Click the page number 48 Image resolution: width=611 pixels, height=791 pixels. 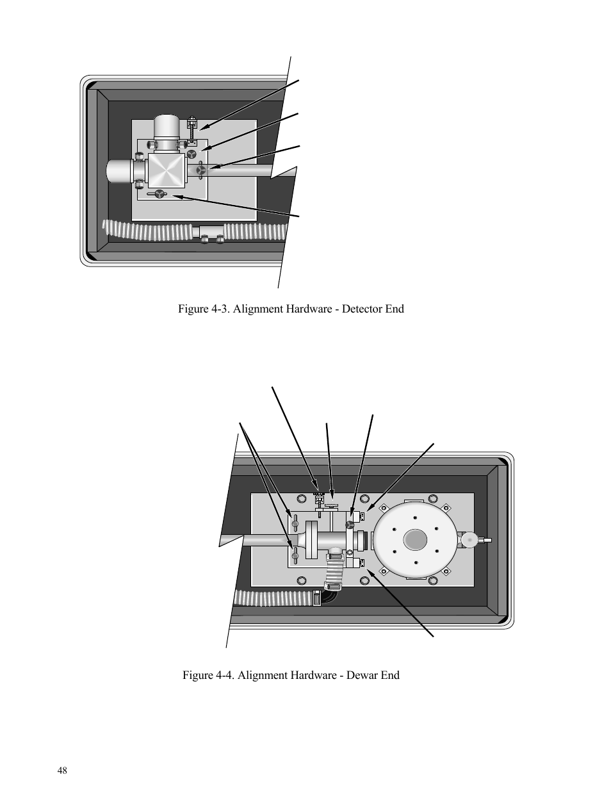tap(61, 771)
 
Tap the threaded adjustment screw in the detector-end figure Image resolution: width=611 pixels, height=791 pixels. tap(191, 131)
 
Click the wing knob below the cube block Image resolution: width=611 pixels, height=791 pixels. tap(159, 193)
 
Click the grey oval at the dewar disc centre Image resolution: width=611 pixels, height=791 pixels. tap(415, 539)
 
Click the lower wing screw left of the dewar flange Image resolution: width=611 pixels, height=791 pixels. tap(295, 553)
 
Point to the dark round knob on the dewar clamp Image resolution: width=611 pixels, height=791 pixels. tap(350, 525)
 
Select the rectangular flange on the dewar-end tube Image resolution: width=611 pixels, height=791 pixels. tap(312, 540)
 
